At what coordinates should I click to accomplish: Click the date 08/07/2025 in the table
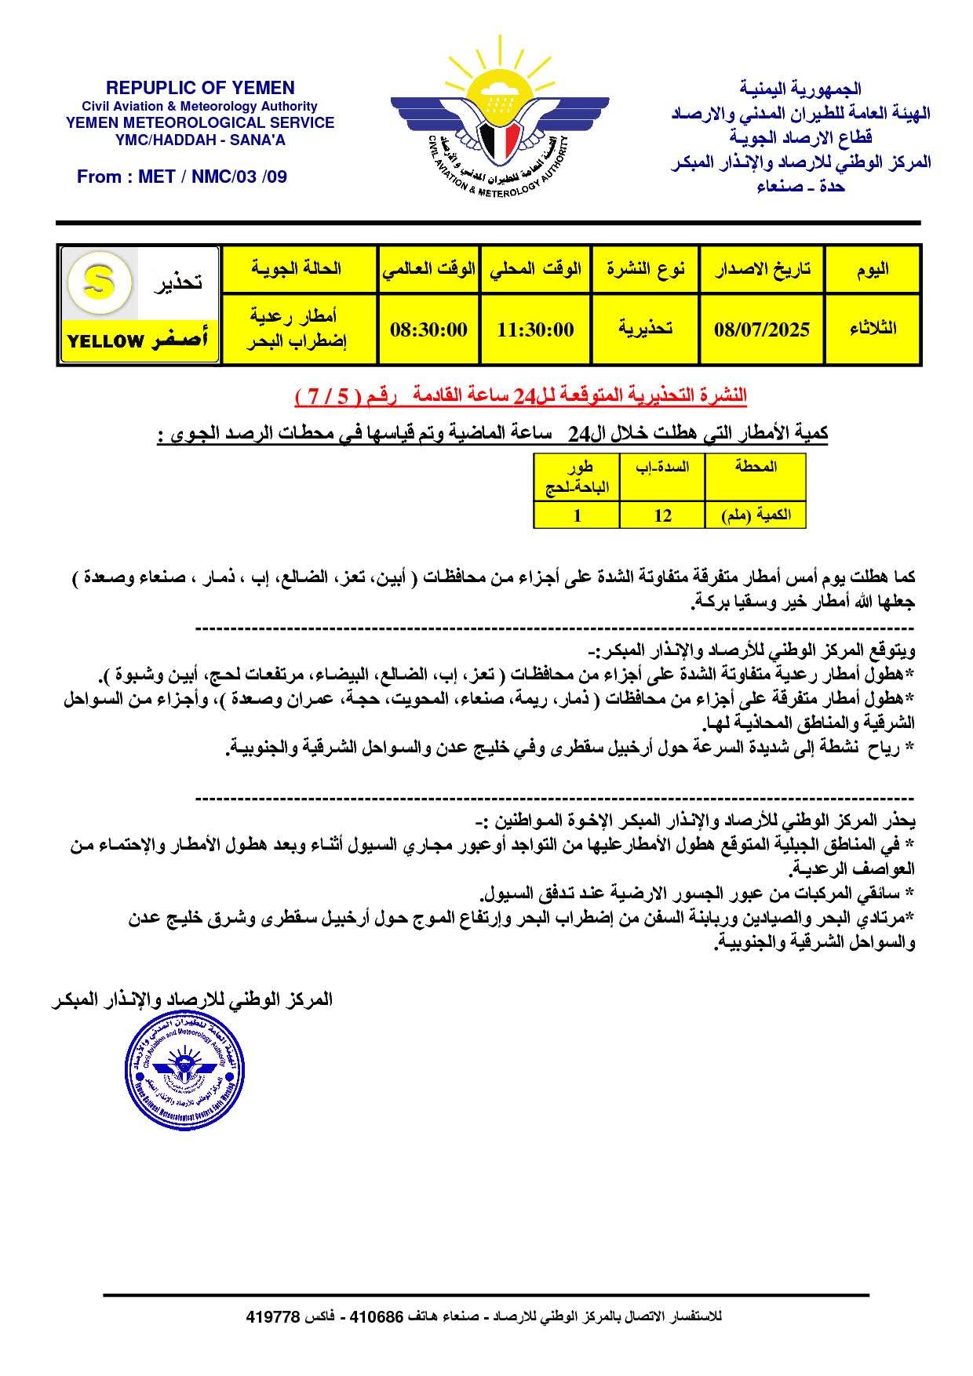[761, 329]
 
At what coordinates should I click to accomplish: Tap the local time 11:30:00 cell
[535, 329]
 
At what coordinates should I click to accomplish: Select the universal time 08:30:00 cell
[428, 329]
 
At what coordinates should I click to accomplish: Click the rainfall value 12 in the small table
[662, 515]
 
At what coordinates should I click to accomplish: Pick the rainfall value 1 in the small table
[578, 515]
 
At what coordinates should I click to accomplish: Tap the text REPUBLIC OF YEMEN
[200, 88]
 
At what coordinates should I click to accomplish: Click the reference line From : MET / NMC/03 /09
[182, 177]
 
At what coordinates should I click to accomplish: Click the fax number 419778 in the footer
[273, 1317]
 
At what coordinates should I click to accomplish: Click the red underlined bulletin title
[521, 398]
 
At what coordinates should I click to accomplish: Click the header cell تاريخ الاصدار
[761, 269]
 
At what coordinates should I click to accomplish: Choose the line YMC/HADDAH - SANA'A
[200, 140]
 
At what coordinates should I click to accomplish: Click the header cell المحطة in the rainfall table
[755, 468]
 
